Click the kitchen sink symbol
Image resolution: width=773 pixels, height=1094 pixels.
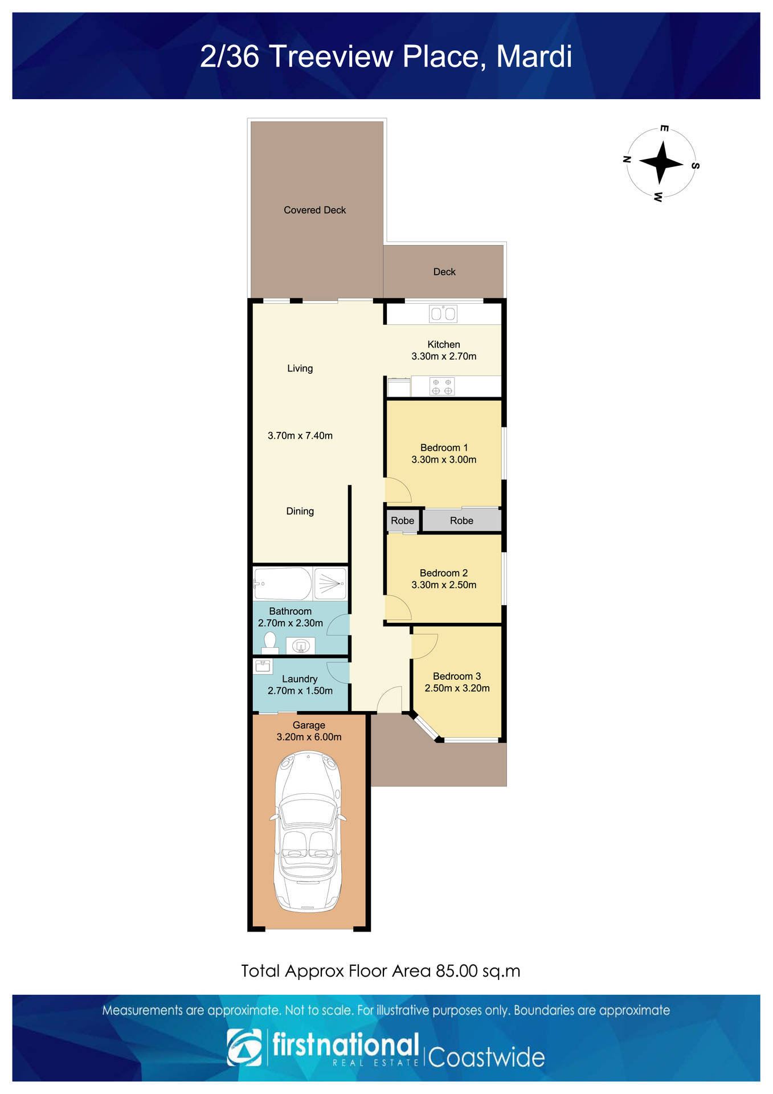(x=443, y=313)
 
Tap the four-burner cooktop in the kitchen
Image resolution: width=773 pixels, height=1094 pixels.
(x=442, y=386)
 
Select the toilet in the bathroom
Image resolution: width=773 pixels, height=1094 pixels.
(x=270, y=642)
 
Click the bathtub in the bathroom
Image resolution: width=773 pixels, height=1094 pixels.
(x=283, y=583)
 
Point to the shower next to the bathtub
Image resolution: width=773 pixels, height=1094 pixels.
(x=330, y=583)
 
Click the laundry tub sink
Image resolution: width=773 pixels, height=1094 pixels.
(x=263, y=666)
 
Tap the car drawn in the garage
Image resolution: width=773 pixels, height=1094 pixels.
(x=309, y=832)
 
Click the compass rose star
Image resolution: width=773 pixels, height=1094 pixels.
(x=661, y=163)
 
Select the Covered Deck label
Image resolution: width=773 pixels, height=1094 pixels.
(x=314, y=210)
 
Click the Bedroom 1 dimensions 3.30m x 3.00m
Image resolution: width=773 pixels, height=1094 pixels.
(x=444, y=460)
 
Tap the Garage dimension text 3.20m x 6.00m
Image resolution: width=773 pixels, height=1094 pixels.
(x=309, y=737)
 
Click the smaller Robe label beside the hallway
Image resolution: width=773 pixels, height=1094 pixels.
(x=402, y=521)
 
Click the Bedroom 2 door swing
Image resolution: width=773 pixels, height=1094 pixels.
(x=397, y=608)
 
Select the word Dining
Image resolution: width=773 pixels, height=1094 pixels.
(x=300, y=512)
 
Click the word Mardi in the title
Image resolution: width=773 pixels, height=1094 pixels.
(x=534, y=56)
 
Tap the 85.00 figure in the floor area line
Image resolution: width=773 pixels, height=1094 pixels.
(x=457, y=971)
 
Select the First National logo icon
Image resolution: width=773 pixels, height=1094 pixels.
(x=244, y=1047)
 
